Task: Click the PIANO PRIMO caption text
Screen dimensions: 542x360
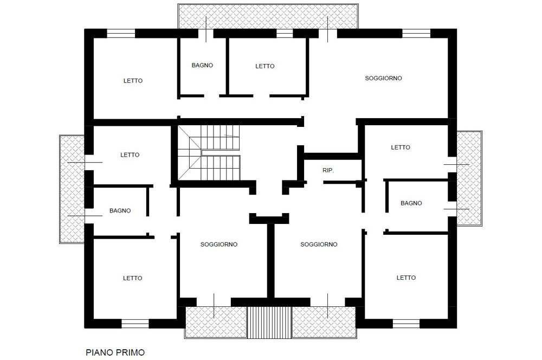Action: pos(115,352)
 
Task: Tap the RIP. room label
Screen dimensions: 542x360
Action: pos(328,170)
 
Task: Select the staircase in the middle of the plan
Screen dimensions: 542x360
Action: pos(209,152)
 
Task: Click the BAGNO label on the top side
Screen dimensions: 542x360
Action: pos(202,65)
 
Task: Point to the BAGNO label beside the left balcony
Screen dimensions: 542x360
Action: pos(120,210)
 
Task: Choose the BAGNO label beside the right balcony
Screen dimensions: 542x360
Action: pos(411,203)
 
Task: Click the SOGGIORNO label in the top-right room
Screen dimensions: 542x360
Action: pos(383,78)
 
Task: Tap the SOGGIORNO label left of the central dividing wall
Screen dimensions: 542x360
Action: pos(219,244)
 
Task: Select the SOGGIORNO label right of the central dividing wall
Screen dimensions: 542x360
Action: pos(319,244)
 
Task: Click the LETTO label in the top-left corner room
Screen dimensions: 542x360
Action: pos(133,81)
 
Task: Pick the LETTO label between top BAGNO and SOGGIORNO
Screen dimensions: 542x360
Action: pos(265,66)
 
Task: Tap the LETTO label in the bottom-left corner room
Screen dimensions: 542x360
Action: pos(133,278)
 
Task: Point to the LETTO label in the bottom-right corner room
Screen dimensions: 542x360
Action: pos(406,278)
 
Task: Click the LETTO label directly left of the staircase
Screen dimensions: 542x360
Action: pos(130,155)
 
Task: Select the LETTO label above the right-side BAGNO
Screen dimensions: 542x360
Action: pos(401,147)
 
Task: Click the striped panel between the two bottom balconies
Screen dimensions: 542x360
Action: pos(269,322)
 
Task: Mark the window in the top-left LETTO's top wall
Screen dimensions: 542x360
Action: pos(121,33)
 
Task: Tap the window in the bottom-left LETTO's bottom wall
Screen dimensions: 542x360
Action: pos(135,324)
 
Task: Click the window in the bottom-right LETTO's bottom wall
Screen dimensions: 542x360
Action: pos(406,324)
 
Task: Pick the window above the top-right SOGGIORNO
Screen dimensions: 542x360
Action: pos(416,33)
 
